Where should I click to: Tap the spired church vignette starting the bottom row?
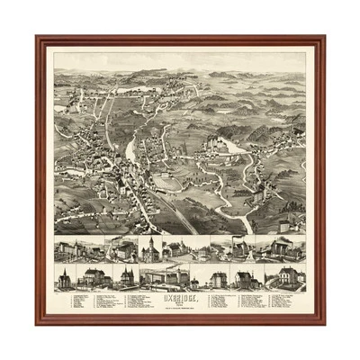(65, 277)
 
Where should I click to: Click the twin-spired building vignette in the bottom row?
(126, 277)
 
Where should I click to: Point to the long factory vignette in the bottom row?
(167, 275)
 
